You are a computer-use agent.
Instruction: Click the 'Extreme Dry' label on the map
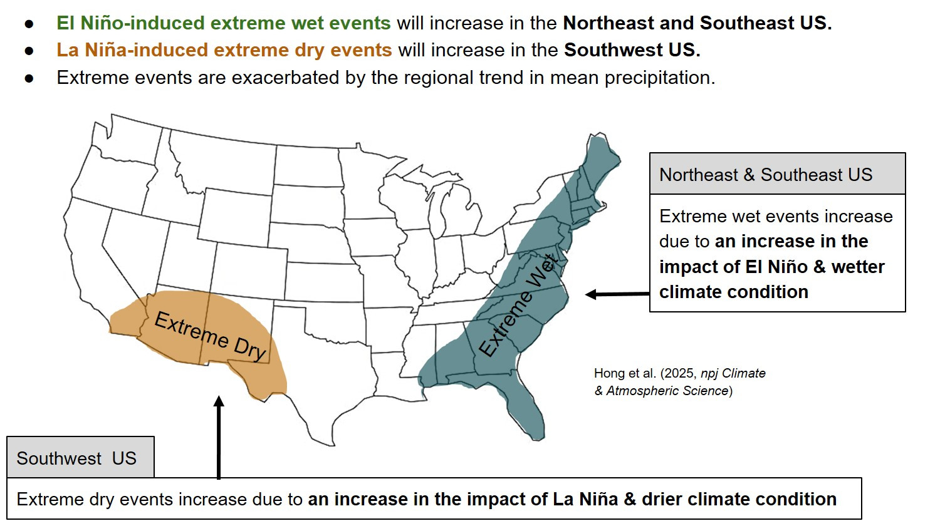pyautogui.click(x=210, y=336)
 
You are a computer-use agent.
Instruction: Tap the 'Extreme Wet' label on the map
pyautogui.click(x=519, y=305)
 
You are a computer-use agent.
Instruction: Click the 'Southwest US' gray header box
pyautogui.click(x=81, y=457)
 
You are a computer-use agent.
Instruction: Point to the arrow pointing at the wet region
pyautogui.click(x=617, y=294)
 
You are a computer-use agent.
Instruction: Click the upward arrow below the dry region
pyautogui.click(x=219, y=437)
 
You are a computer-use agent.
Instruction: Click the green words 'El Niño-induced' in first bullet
pyautogui.click(x=131, y=23)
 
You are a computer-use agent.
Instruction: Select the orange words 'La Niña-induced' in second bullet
pyautogui.click(x=132, y=50)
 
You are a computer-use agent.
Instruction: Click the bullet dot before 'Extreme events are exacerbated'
pyautogui.click(x=29, y=78)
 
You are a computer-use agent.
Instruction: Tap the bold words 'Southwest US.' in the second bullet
pyautogui.click(x=632, y=50)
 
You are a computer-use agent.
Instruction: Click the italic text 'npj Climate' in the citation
pyautogui.click(x=733, y=373)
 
